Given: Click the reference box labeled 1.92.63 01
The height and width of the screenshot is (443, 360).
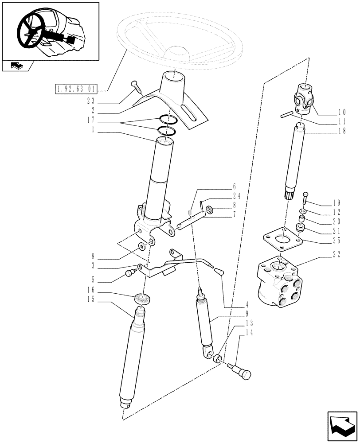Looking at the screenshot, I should pyautogui.click(x=77, y=90).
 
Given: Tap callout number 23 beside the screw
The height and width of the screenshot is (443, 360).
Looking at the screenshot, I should pyautogui.click(x=92, y=101).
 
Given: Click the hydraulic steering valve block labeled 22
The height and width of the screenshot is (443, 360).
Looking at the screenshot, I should pyautogui.click(x=279, y=284).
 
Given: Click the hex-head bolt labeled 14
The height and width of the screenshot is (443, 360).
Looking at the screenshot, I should pyautogui.click(x=241, y=371).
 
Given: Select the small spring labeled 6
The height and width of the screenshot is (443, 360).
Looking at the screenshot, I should pyautogui.click(x=190, y=214).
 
